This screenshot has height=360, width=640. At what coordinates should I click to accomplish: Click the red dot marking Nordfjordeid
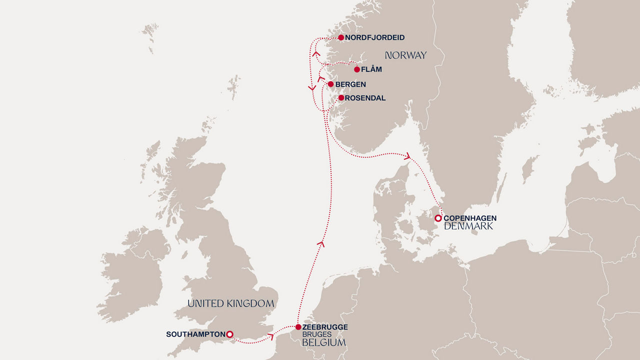(341, 37)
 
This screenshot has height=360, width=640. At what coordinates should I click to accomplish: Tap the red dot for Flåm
(356, 69)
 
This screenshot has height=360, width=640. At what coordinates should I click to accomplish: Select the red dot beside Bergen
(330, 84)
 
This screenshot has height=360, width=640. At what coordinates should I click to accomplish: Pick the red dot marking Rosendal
(341, 98)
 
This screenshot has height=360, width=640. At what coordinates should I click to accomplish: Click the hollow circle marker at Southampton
(229, 334)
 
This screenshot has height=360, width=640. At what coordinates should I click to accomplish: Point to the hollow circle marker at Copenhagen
(438, 218)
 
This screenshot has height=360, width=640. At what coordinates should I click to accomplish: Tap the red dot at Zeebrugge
(298, 327)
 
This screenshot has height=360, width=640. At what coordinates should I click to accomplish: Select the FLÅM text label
(372, 69)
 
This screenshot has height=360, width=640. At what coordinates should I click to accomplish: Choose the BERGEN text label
(350, 84)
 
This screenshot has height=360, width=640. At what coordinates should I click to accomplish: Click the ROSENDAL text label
(365, 98)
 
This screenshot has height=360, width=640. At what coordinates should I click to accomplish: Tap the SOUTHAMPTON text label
(195, 334)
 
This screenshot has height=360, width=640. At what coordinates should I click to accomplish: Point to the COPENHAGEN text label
(470, 218)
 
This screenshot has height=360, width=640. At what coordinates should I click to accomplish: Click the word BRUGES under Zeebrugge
(316, 334)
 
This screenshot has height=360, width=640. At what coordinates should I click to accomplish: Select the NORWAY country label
(405, 55)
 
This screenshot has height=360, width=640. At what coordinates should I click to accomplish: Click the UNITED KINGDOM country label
(230, 303)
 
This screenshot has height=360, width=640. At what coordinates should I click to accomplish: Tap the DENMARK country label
(468, 226)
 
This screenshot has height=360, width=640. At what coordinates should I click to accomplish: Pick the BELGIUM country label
(324, 343)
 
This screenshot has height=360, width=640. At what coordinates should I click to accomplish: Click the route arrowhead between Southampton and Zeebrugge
(271, 336)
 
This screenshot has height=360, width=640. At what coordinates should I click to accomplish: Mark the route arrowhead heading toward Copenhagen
(407, 156)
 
